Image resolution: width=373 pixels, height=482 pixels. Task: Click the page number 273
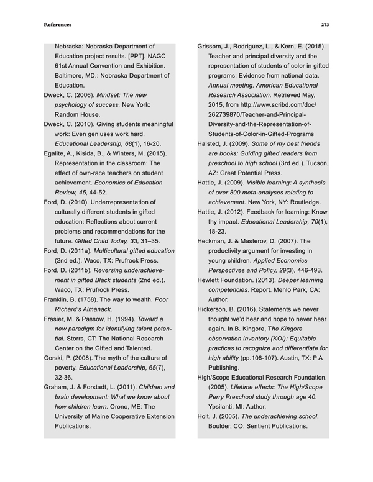point(325,25)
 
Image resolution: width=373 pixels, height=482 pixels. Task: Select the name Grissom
point(211,47)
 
